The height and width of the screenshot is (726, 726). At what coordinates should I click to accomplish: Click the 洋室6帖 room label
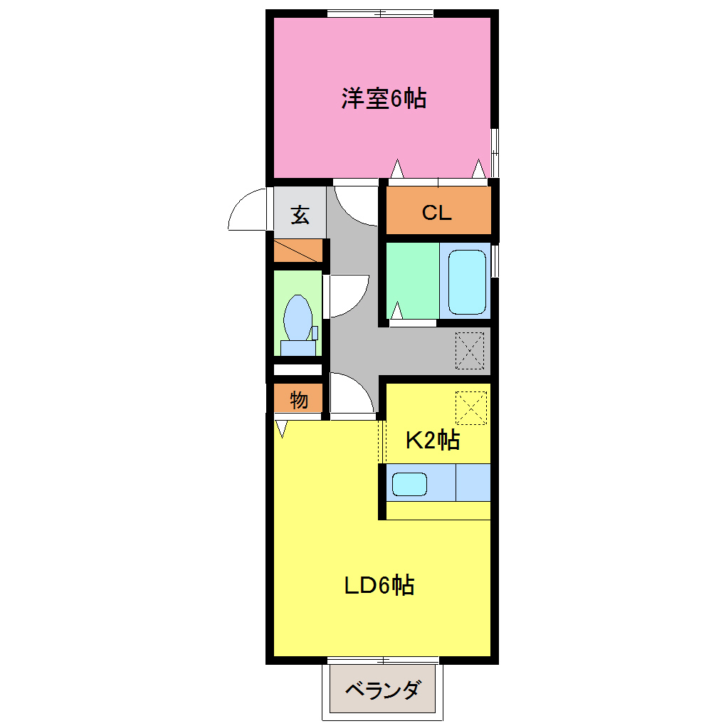pos(384,98)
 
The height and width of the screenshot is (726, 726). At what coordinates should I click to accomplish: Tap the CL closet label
pos(437,213)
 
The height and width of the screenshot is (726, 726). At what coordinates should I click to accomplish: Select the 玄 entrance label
pos(300,215)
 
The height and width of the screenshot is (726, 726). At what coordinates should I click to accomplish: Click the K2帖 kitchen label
pos(432,441)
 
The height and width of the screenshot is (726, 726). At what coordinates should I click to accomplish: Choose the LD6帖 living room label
pos(379,586)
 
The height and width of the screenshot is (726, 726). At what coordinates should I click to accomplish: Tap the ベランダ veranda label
pos(382,690)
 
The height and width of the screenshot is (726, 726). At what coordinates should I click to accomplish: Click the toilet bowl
pos(298,318)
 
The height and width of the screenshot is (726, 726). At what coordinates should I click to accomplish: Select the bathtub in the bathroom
pos(467,282)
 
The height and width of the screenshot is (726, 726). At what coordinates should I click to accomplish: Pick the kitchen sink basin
pos(409,484)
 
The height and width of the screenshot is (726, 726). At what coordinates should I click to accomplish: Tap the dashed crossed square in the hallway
pos(470,352)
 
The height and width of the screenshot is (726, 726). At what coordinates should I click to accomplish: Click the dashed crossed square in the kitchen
pos(470,407)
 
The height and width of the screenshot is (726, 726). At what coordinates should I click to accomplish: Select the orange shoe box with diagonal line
pos(299,251)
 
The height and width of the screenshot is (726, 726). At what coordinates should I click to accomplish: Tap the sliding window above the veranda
pos(382,660)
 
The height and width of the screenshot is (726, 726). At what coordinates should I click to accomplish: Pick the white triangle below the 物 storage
pos(282,428)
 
